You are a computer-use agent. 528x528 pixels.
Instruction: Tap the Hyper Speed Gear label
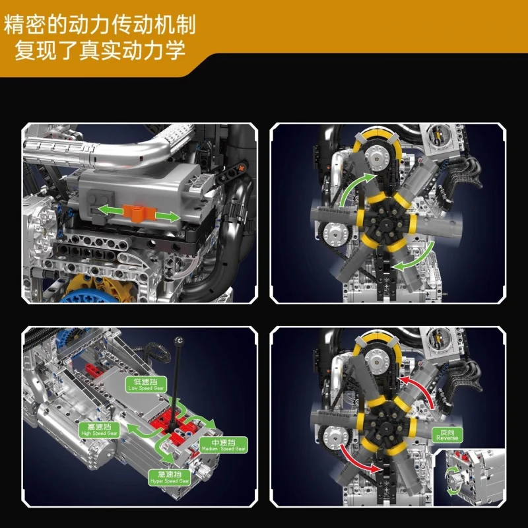tap(170, 477)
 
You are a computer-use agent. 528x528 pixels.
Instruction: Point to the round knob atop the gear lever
tap(178, 339)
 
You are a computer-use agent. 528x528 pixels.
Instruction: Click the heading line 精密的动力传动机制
tap(100, 24)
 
